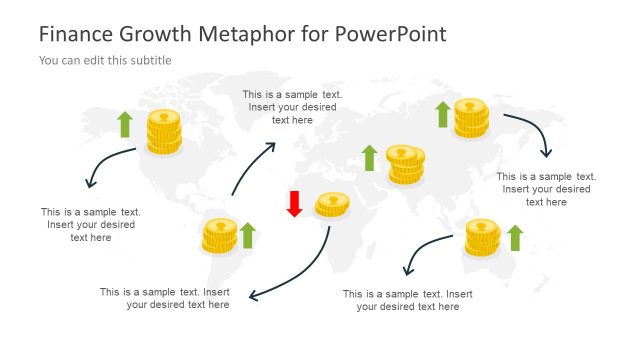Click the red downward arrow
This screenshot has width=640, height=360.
294,203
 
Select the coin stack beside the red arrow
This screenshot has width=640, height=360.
332,205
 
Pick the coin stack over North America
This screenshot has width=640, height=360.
164,132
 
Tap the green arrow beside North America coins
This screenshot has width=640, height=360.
124,124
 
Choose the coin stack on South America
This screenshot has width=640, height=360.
219,236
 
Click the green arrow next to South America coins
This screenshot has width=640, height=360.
248,235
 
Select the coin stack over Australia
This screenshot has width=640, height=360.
482,238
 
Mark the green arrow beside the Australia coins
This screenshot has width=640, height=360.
515,237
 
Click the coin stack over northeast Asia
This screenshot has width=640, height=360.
471,118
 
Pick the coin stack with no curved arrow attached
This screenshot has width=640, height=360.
405,164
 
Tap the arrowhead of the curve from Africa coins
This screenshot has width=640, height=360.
252,296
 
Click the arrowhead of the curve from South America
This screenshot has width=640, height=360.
272,145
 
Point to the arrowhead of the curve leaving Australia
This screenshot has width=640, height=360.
406,272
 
